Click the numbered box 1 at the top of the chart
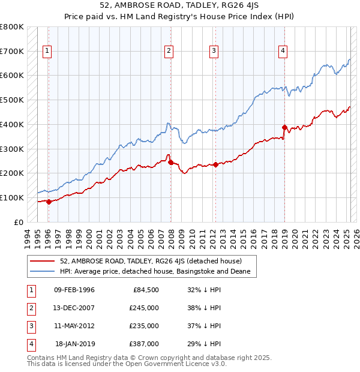tap(46, 52)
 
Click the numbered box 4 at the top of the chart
tap(282, 52)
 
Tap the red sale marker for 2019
tap(284, 127)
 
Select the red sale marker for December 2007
tap(170, 162)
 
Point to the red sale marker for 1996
tap(49, 202)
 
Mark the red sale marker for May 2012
tap(215, 164)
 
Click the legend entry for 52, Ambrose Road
tap(151, 261)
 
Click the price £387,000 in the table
tap(145, 344)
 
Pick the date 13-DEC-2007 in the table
tap(74, 308)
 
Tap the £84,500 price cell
tap(145, 290)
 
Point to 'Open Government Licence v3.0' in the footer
tap(173, 364)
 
